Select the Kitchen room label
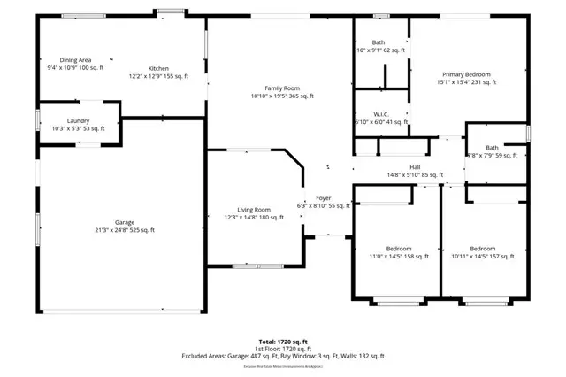pos(158,68)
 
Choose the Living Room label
pos(252,209)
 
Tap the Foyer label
pos(323,197)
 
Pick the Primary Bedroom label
pos(466,75)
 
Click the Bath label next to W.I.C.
pos(379,42)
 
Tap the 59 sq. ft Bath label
pos(492,148)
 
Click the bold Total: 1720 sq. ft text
pos(283,341)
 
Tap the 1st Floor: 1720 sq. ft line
pos(283,348)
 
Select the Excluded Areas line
pos(283,356)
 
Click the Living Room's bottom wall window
pos(251,265)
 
